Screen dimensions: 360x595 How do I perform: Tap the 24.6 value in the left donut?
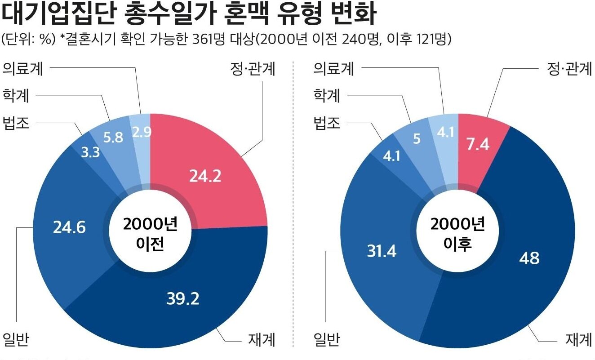pos(69,228)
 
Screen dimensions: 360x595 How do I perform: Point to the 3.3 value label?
pos(90,153)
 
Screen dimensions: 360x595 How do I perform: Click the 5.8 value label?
pos(113,137)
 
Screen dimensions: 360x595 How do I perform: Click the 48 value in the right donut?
pos(529,258)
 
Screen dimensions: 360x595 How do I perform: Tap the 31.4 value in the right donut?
pos(382,252)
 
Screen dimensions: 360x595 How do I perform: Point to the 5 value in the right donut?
pos(417,139)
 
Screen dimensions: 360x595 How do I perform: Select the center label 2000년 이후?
pos(458,234)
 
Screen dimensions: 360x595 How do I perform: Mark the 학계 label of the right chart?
pos(327,96)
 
